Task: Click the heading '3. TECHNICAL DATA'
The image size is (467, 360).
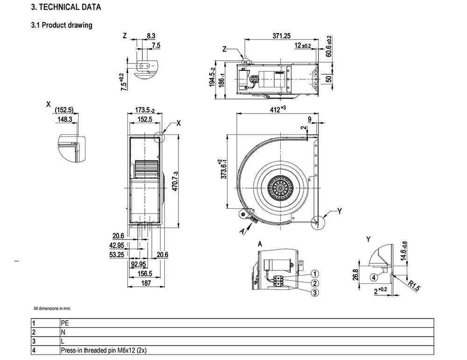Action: tap(65, 7)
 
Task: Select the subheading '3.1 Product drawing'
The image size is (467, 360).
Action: tap(62, 25)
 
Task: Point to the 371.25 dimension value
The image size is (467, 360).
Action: tap(282, 36)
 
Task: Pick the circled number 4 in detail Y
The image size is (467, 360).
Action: tap(374, 277)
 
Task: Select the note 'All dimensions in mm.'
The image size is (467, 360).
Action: tap(52, 309)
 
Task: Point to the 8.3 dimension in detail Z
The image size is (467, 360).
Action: tap(151, 36)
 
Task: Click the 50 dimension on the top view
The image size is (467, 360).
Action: tap(328, 78)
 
